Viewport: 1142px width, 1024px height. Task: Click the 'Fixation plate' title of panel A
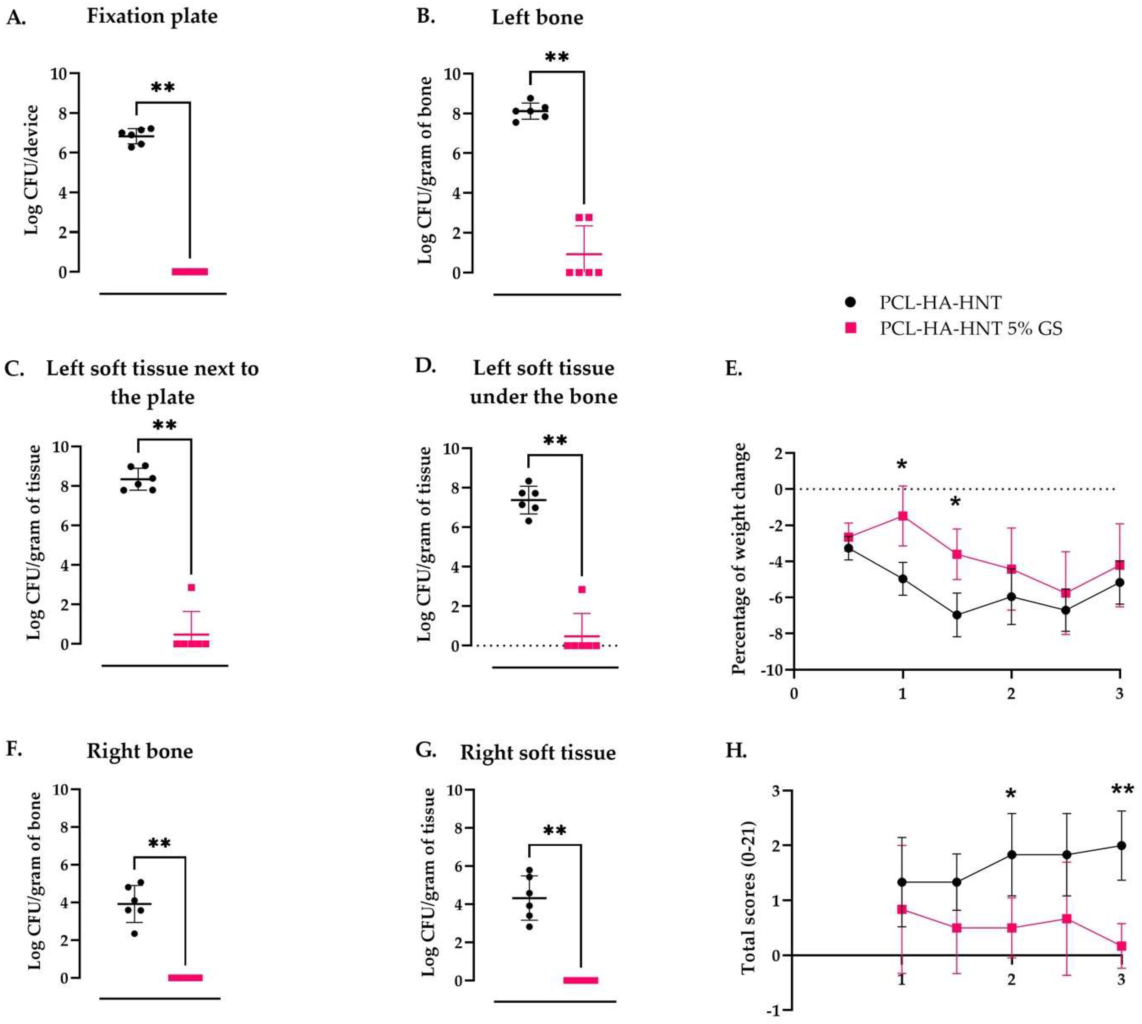pyautogui.click(x=152, y=16)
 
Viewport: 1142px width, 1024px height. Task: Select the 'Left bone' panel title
pyautogui.click(x=538, y=17)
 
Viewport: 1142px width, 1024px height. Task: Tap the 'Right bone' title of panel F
pyautogui.click(x=140, y=751)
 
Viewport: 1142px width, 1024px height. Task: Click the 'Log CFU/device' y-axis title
pyautogui.click(x=32, y=170)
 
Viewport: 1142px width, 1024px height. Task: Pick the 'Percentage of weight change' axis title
pyautogui.click(x=739, y=559)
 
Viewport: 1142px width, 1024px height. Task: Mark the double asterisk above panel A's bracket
pyautogui.click(x=163, y=88)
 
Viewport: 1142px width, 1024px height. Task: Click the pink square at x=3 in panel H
pyautogui.click(x=1121, y=946)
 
